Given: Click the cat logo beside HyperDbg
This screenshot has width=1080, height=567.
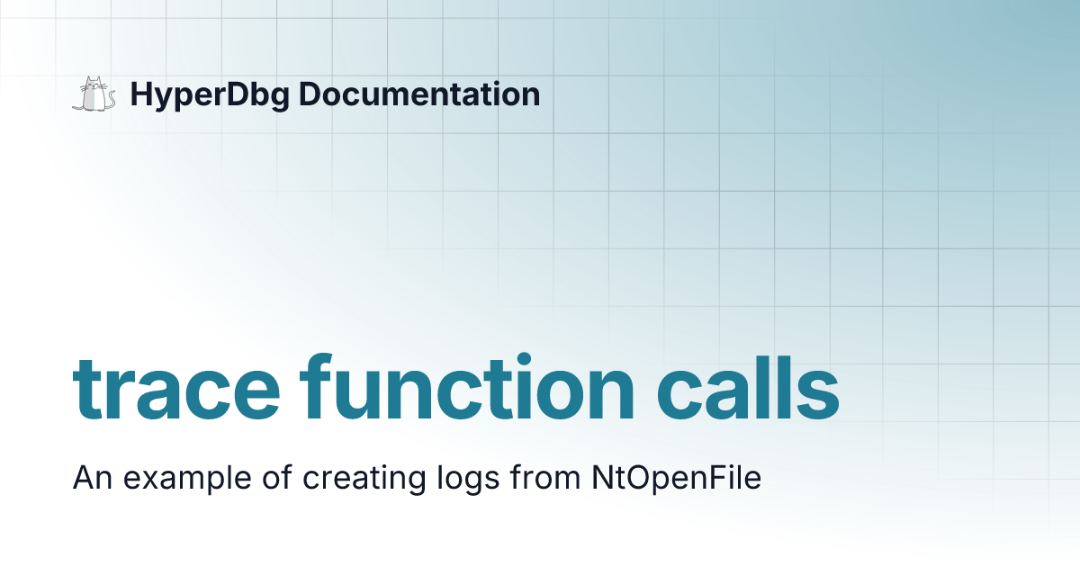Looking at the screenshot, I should pos(94,94).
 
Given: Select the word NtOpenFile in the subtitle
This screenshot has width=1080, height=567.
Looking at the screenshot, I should pos(676,478).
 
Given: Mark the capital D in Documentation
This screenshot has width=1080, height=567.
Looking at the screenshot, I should pos(308,94).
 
